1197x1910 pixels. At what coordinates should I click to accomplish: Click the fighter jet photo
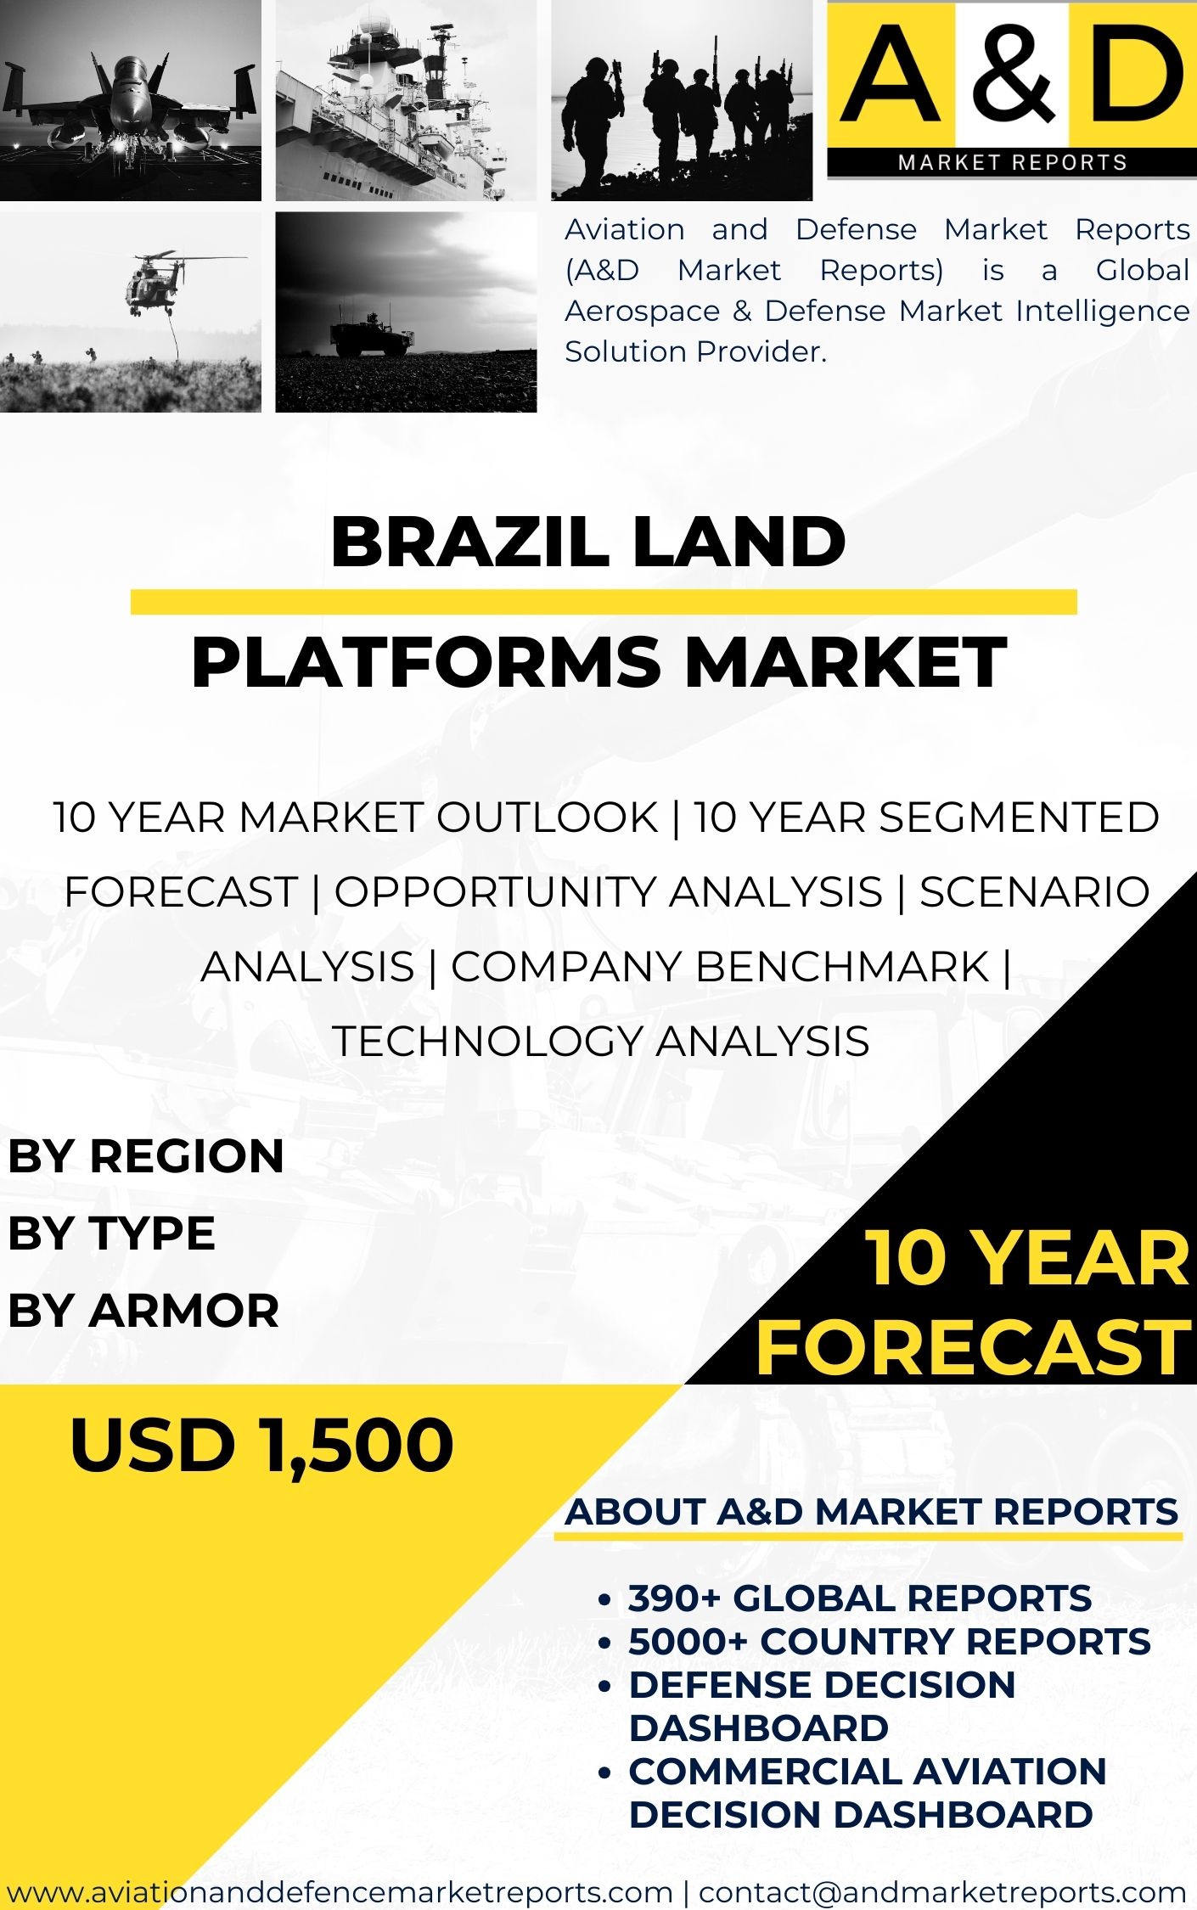pyautogui.click(x=131, y=100)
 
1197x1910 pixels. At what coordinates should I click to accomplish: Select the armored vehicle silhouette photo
pyautogui.click(x=406, y=312)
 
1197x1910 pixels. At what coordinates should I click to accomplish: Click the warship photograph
pyautogui.click(x=406, y=100)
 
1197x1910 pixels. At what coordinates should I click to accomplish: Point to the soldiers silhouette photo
pyautogui.click(x=682, y=100)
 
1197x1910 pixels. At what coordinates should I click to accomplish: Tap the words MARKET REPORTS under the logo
pyautogui.click(x=1013, y=162)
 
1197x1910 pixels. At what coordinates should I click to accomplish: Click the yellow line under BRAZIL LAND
pyautogui.click(x=604, y=602)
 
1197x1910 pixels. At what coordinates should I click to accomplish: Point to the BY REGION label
pyautogui.click(x=146, y=1156)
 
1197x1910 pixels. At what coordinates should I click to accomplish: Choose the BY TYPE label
pyautogui.click(x=111, y=1233)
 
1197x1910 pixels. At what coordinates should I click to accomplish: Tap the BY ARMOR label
pyautogui.click(x=143, y=1310)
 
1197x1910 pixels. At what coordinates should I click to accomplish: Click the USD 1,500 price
pyautogui.click(x=262, y=1445)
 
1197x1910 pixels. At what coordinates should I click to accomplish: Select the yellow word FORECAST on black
pyautogui.click(x=974, y=1348)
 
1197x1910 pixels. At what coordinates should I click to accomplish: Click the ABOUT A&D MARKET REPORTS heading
pyautogui.click(x=872, y=1512)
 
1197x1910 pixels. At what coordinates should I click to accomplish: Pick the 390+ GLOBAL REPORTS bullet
pyautogui.click(x=860, y=1598)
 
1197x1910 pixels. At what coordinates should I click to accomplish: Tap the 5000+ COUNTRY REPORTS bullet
pyautogui.click(x=890, y=1642)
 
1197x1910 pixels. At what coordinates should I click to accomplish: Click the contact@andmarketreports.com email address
pyautogui.click(x=942, y=1892)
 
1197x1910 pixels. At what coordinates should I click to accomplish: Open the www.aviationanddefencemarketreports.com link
pyautogui.click(x=340, y=1892)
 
